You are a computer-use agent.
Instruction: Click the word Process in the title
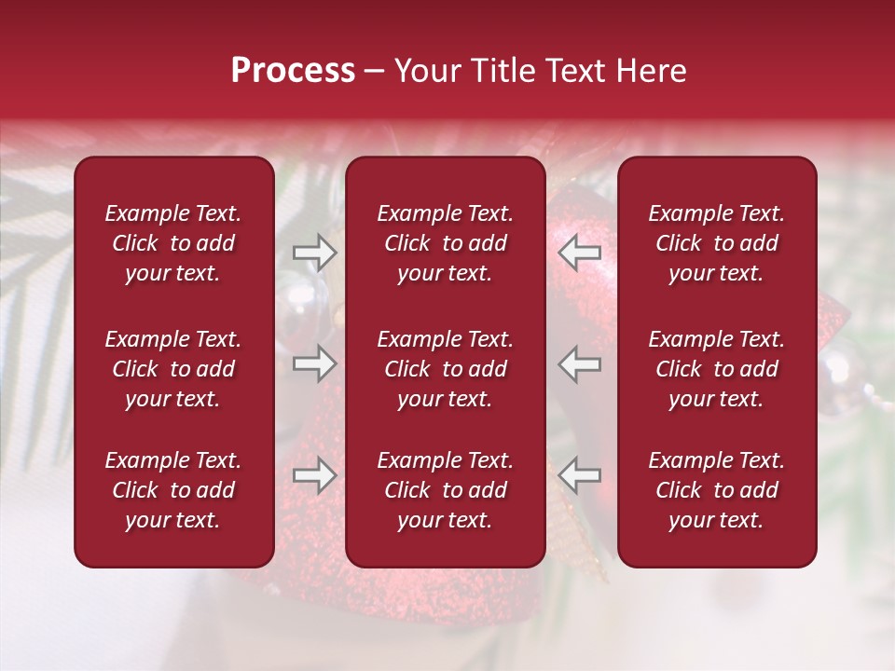pos(293,71)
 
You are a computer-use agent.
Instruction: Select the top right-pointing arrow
pos(315,252)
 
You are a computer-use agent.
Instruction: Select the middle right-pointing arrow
pos(315,363)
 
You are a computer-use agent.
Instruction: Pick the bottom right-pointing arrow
pos(315,475)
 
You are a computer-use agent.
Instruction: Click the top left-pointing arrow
pos(580,252)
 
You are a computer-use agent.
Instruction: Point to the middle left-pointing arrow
pos(580,363)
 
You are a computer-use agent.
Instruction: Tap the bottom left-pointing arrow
pos(580,475)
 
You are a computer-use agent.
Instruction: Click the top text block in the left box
pos(173,243)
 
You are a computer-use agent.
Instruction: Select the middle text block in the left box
pos(173,369)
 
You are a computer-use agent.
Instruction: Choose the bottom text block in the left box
pos(173,490)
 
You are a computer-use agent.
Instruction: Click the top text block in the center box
pos(445,243)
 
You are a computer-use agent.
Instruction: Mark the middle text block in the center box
pos(445,369)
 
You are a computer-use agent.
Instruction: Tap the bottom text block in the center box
pos(445,490)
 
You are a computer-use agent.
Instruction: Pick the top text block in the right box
pos(716,243)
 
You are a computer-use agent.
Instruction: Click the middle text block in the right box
pos(716,369)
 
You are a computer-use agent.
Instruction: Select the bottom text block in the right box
pos(716,490)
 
